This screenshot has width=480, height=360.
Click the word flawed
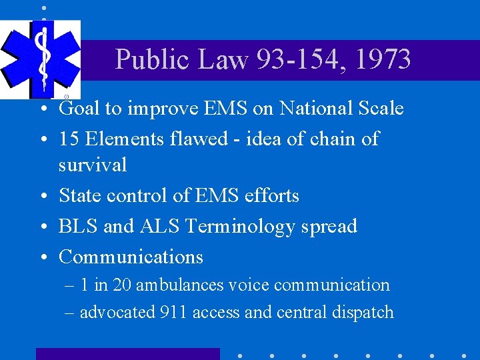[219, 139]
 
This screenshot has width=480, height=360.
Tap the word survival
[92, 165]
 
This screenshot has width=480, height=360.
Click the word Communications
[131, 257]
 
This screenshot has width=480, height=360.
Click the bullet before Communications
[43, 257]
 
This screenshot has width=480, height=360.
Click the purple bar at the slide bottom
[127, 354]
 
